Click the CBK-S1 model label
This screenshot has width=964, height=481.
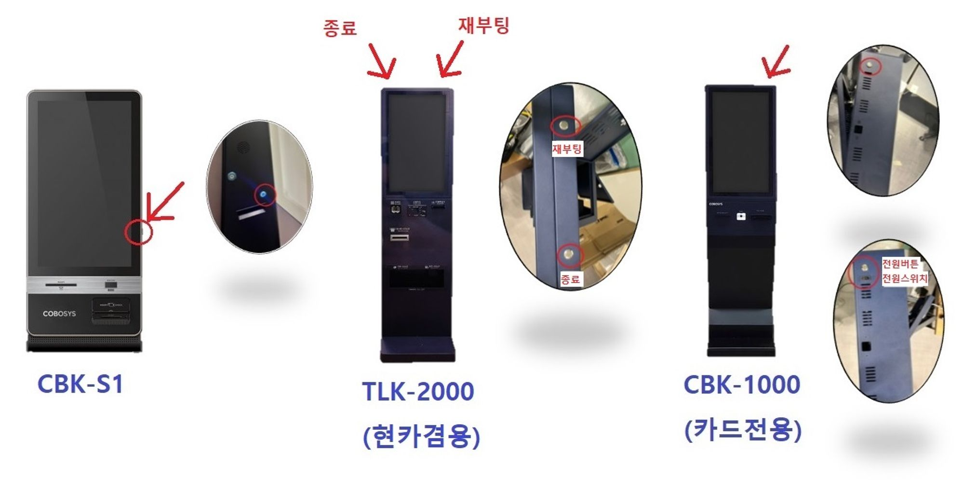80,385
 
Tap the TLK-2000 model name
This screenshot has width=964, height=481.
418,391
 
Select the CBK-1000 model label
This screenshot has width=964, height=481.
742,385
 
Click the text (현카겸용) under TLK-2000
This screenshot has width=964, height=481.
421,436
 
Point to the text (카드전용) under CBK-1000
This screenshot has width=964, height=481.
743,429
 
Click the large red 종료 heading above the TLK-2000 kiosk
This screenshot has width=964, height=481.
340,27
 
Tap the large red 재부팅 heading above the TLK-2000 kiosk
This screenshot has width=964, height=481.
483,25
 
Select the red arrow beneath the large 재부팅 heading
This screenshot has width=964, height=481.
450,60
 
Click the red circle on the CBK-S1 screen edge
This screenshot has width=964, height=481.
139,232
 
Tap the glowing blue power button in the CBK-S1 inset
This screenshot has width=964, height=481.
263,194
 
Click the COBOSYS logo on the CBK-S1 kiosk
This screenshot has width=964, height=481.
59,314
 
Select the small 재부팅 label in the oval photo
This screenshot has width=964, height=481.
567,149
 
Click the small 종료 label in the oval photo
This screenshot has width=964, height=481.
570,279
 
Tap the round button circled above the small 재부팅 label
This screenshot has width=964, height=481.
564,126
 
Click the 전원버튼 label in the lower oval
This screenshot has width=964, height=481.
900,264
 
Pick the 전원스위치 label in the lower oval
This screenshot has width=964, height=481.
905,278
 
